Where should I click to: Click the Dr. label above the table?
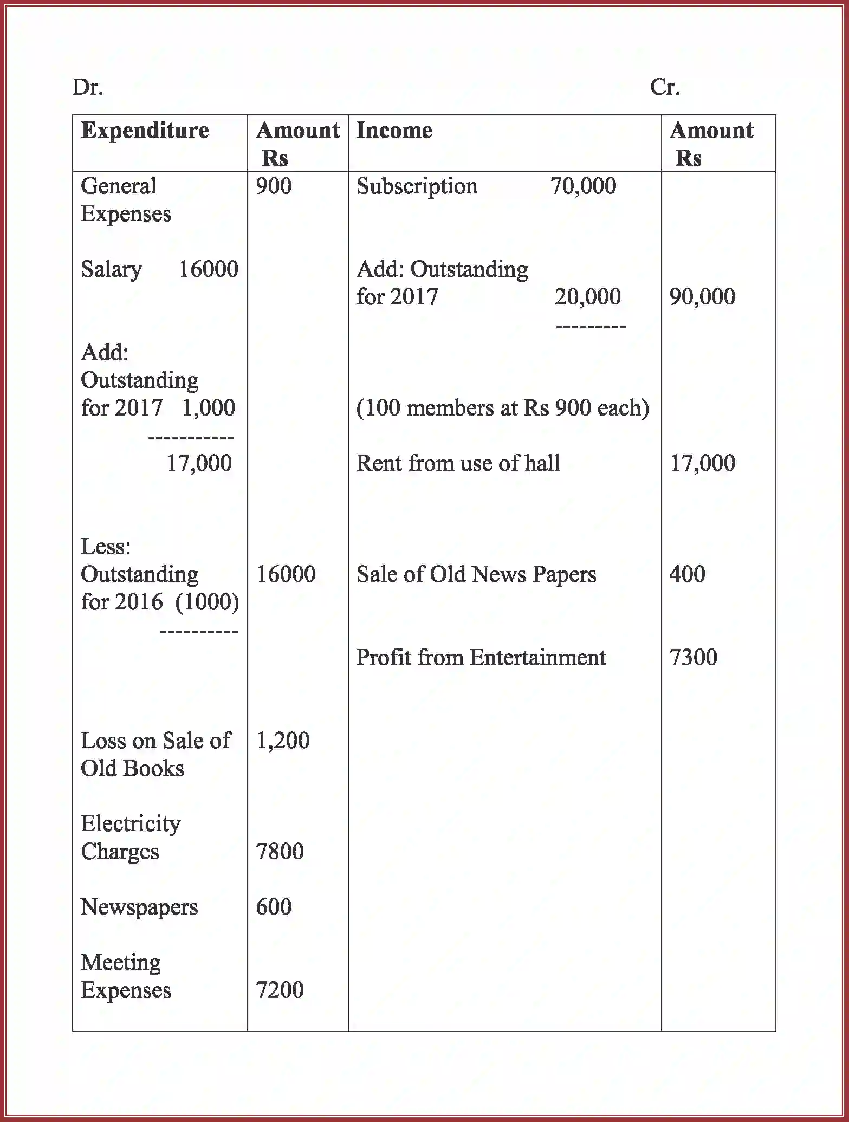point(88,87)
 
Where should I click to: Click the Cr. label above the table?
point(665,87)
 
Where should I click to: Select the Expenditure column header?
point(145,131)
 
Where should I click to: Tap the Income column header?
point(394,131)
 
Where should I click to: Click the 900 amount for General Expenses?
point(274,186)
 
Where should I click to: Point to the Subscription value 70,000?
point(583,186)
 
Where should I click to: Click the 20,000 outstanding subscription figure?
point(587,297)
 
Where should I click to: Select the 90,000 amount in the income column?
point(702,297)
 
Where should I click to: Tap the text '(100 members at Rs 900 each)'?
point(502,408)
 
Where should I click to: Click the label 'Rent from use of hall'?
point(458,463)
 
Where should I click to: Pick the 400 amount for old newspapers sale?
point(687,574)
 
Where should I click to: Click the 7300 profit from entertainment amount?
point(693,658)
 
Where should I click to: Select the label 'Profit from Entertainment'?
point(481,658)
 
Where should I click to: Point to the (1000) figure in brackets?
point(207,602)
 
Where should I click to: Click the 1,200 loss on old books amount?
point(282,741)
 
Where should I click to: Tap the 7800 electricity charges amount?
point(280,852)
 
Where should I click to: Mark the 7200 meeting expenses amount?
point(280,990)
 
